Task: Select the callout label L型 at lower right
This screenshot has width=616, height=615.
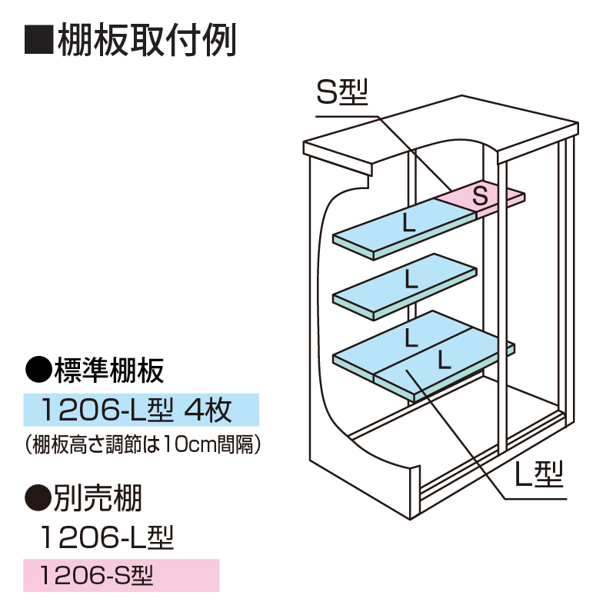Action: pos(538,477)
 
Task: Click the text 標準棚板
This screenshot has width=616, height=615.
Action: pos(108,372)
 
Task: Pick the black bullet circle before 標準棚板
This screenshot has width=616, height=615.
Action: pos(38,372)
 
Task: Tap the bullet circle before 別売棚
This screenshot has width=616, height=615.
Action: pos(38,500)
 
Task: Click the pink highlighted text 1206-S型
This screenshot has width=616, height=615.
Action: pos(96,574)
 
